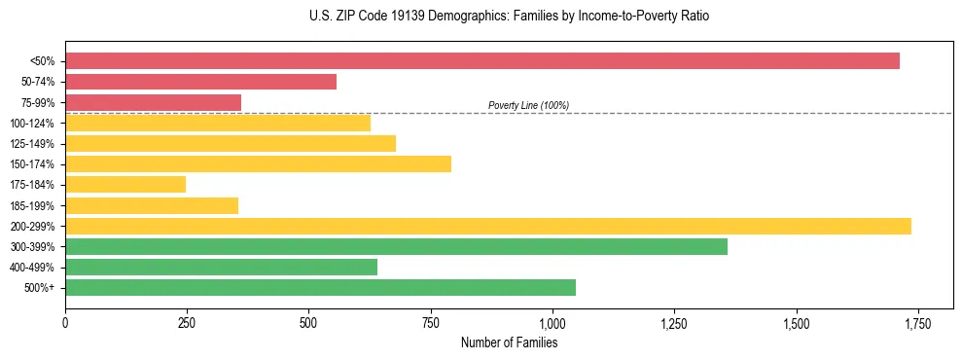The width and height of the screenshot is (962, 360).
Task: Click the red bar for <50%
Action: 481,61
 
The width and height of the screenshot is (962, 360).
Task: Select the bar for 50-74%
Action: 200,82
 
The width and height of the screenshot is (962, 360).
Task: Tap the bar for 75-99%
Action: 153,102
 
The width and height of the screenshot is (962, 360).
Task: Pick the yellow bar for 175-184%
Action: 125,184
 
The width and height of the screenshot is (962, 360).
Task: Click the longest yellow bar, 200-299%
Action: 487,226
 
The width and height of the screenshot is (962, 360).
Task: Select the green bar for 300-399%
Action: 396,246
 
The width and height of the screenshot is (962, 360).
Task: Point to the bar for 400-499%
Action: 221,267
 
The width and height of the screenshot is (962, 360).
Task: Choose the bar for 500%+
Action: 320,287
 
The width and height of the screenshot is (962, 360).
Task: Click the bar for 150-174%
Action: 258,163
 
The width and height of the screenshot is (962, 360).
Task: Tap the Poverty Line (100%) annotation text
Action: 528,105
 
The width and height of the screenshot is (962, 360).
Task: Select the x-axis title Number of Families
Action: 509,342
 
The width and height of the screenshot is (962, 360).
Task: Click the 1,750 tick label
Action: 918,323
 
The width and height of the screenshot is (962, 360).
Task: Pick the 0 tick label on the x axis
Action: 65,323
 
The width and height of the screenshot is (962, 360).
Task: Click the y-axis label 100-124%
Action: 32,123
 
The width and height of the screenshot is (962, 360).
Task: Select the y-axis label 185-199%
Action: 32,205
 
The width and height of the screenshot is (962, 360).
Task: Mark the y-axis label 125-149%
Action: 32,143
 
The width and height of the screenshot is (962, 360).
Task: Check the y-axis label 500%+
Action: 40,287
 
